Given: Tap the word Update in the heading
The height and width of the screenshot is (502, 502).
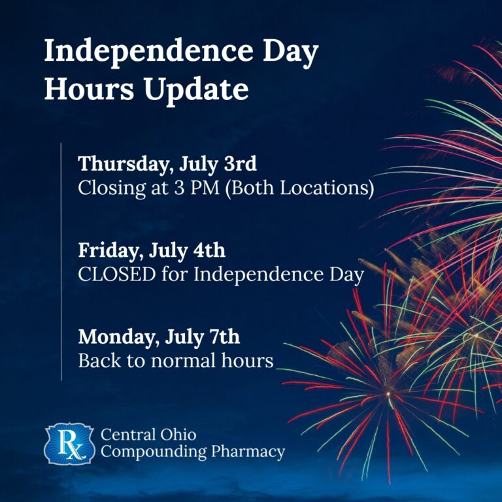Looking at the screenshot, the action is point(196,90).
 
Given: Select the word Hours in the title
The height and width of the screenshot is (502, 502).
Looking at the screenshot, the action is point(89,88).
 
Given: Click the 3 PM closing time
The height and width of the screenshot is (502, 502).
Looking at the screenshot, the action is point(197,188).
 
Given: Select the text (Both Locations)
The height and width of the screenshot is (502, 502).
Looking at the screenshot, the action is point(299,188).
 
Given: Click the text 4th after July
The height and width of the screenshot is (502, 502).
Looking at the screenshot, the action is point(209,250).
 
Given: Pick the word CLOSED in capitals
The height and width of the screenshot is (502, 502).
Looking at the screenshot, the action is point(117,275).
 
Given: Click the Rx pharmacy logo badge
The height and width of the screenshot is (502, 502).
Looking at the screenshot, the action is point(69,444).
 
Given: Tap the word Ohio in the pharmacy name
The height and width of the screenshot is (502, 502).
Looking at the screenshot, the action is point(178,435).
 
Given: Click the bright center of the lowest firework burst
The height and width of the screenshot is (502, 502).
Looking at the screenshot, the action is point(388,393).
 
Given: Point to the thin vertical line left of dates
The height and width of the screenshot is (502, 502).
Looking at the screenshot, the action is point(61,261).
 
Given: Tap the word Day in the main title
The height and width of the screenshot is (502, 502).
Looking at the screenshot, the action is point(291,54).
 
